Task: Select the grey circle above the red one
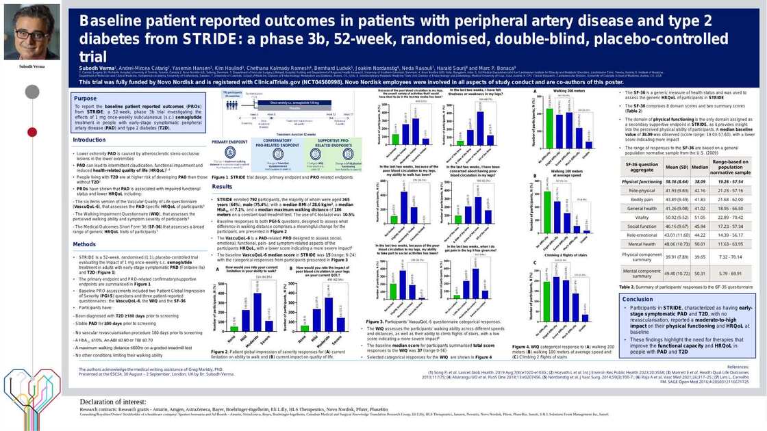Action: [x=30, y=91]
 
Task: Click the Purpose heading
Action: [x=86, y=99]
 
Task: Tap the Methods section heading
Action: [x=85, y=244]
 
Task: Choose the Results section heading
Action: [x=222, y=187]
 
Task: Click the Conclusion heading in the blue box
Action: [x=638, y=299]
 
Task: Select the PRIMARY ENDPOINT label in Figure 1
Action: [x=229, y=142]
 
